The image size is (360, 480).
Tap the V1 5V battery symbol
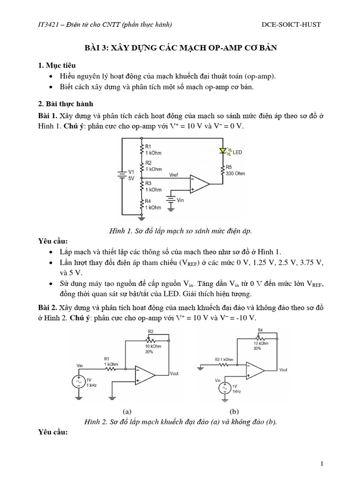[x=122, y=175]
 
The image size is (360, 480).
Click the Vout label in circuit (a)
[x=174, y=374]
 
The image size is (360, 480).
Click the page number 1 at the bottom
[x=322, y=464]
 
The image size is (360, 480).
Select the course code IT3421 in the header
[x=49, y=24]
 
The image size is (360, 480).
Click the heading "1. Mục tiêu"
[x=57, y=65]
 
